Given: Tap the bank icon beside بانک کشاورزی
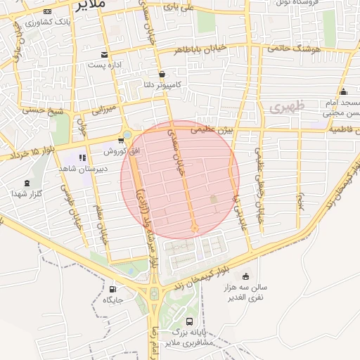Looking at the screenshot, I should (46, 13).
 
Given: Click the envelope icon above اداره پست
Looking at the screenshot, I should (105, 55).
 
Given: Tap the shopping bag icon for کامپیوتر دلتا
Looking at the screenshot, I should (162, 74).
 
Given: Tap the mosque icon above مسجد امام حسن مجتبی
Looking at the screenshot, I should (343, 92).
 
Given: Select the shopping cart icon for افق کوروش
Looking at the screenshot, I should (121, 141).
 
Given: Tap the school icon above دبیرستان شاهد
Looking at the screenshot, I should (82, 157).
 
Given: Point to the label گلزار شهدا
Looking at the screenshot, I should (28, 193).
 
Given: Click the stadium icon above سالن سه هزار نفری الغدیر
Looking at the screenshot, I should (245, 276).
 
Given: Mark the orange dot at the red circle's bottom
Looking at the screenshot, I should (195, 229).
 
